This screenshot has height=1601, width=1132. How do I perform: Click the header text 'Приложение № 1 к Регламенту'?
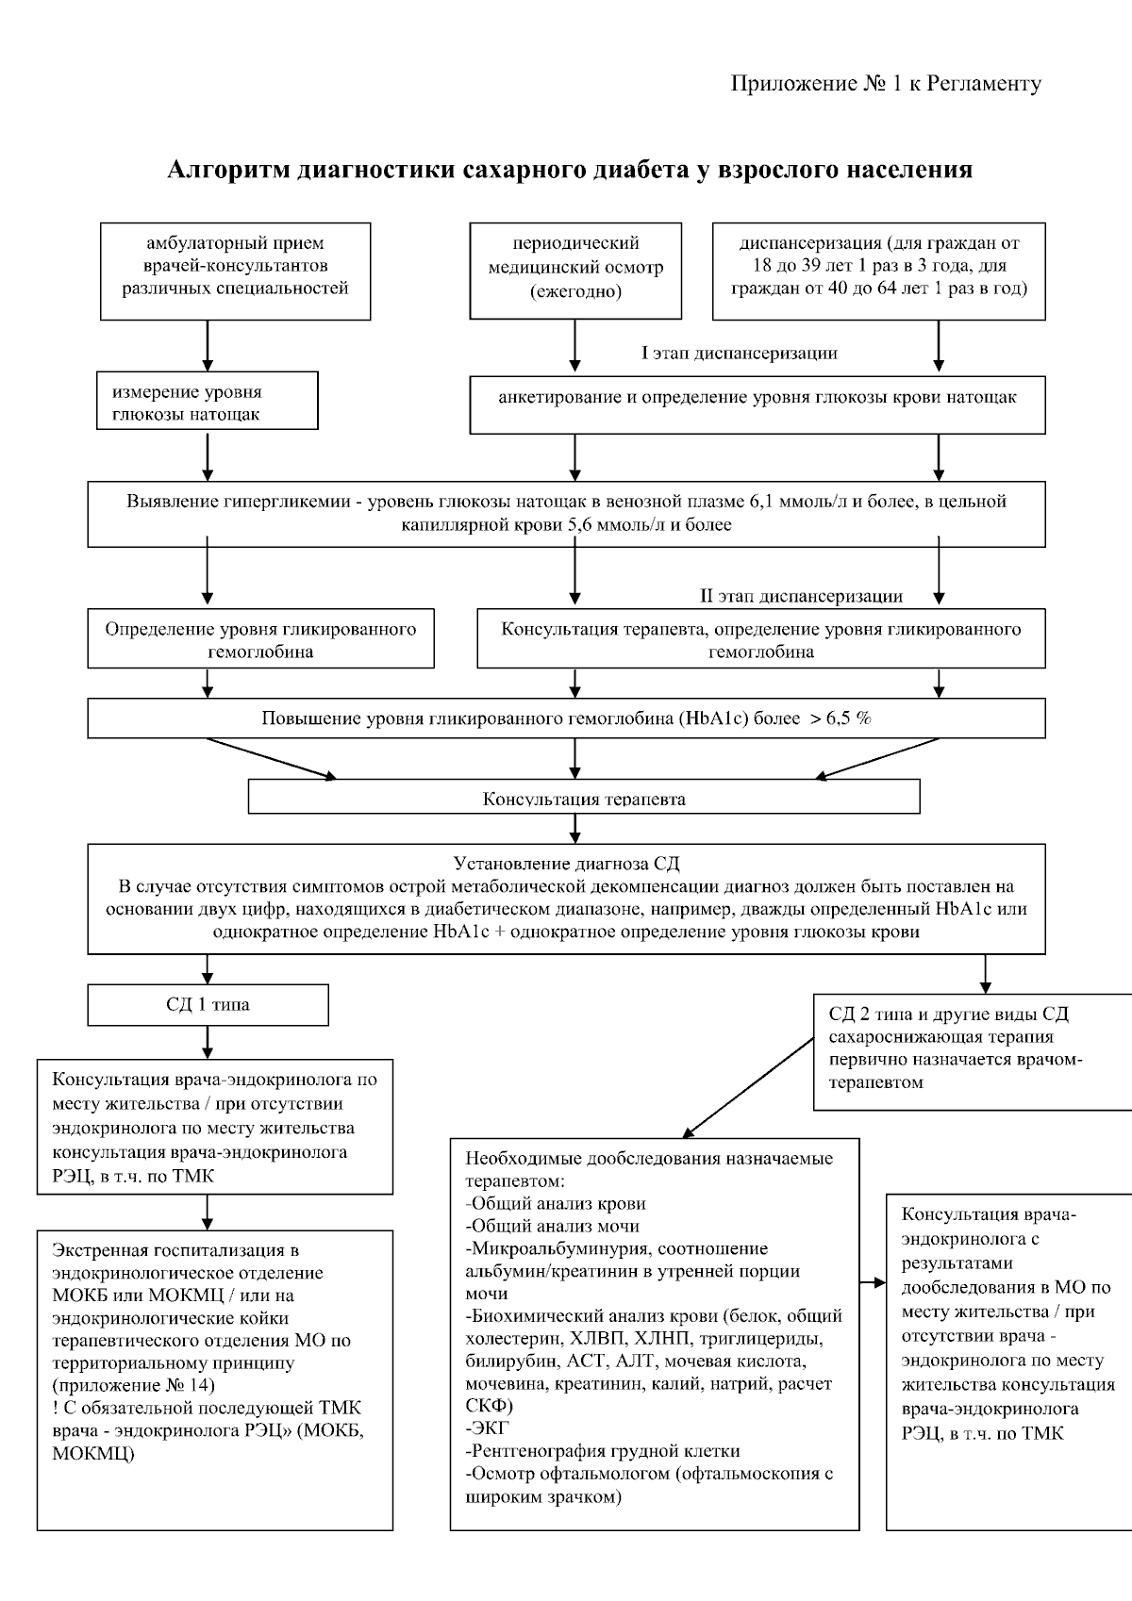(x=886, y=84)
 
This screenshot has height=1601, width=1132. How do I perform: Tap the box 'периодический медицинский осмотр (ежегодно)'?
(x=575, y=268)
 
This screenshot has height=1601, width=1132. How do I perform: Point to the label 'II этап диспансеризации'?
(x=801, y=596)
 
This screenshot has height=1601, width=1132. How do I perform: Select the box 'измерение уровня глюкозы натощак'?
(x=208, y=403)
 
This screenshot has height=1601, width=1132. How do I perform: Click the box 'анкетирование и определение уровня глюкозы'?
(x=757, y=398)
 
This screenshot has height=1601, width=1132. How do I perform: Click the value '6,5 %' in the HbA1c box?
(x=848, y=718)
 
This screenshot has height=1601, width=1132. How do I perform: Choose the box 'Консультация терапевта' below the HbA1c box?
(x=583, y=799)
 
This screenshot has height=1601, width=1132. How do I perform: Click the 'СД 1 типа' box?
(x=208, y=1005)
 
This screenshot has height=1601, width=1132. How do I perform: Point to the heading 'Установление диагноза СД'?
(x=566, y=864)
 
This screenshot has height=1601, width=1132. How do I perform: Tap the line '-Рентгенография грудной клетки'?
(x=603, y=1451)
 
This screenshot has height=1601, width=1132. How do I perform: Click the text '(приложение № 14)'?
(x=134, y=1385)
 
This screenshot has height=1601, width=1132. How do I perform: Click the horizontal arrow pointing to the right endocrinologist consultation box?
(x=873, y=1283)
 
